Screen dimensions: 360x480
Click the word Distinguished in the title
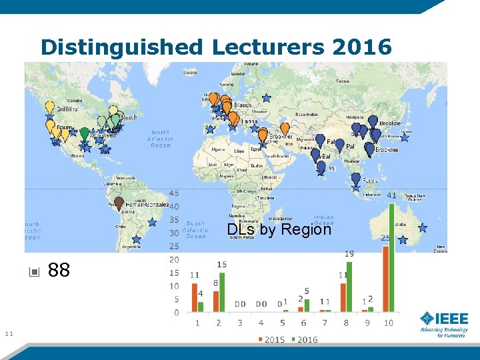point(123,47)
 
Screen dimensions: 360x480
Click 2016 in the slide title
point(361,47)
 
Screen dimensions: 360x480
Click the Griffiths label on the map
point(67,109)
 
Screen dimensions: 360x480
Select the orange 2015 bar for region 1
point(193,297)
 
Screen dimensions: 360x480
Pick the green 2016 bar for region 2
point(222,292)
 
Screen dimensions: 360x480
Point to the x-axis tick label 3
point(242,323)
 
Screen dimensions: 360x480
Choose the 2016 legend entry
point(303,340)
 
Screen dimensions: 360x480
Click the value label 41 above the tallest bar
point(392,195)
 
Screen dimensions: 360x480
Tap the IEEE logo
point(443,323)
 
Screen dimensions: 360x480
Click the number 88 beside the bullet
point(59,271)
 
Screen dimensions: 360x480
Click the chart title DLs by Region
point(279,229)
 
